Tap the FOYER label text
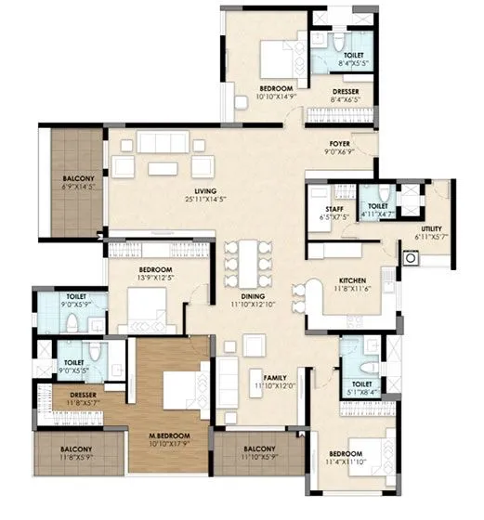[x=338, y=144]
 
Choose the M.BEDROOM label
[x=173, y=436]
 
